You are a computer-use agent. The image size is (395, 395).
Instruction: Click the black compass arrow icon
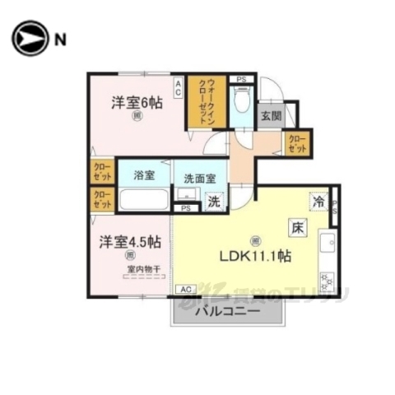[30, 38]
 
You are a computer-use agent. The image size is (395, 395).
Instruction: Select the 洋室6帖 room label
[137, 103]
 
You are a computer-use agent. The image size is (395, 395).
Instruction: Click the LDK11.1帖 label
[255, 257]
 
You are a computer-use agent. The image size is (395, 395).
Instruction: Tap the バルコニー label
[227, 312]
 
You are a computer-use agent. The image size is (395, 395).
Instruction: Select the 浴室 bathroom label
[143, 174]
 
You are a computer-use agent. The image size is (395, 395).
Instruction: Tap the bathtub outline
[143, 200]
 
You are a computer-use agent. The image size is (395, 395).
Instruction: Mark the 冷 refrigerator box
[318, 200]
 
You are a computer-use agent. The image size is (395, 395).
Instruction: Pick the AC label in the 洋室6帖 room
[178, 82]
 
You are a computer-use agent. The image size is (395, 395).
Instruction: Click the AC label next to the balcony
[185, 289]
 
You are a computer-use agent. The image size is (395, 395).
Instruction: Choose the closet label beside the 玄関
[297, 145]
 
